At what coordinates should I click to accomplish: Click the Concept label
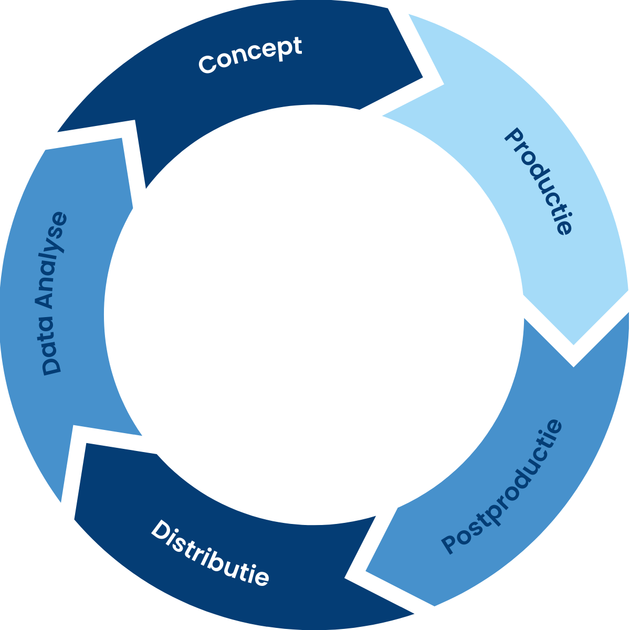250,55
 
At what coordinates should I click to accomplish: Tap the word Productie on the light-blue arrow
538,181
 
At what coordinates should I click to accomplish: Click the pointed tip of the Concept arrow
422,79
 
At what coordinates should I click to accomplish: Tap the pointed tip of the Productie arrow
573,344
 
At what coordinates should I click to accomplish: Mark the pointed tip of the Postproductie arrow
366,570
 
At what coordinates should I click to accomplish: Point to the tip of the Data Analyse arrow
47,150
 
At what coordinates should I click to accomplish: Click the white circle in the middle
314,314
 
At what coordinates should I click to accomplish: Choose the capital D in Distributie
160,529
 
